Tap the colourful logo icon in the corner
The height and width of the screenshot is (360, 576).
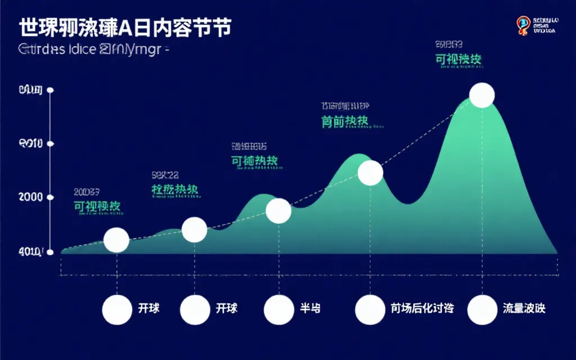point(523,25)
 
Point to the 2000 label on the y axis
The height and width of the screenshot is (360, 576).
point(30,197)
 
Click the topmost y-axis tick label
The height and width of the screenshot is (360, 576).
point(30,90)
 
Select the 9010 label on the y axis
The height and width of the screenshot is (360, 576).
point(30,144)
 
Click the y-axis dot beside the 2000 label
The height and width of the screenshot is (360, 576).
point(51,197)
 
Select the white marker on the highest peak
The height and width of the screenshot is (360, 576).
point(482,95)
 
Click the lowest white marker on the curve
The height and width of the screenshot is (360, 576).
point(116,240)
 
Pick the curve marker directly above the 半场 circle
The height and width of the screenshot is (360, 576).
point(278,211)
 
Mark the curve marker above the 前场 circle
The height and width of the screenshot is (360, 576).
point(370,173)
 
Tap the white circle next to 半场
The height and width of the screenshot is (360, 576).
point(278,310)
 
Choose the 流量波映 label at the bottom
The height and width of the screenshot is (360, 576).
point(524,308)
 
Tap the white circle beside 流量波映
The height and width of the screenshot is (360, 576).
point(482,310)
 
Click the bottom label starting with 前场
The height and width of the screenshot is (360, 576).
point(422,308)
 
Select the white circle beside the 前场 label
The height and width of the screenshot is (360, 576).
point(370,310)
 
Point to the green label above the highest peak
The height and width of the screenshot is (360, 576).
point(458,59)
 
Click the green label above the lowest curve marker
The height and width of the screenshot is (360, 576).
point(97,206)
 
